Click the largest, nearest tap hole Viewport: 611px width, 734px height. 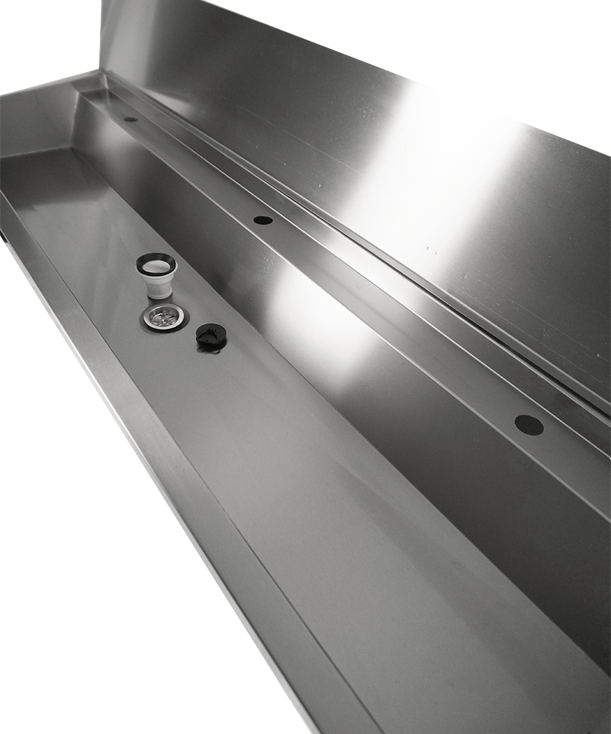[x=529, y=425]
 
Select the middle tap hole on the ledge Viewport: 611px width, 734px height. [x=263, y=220]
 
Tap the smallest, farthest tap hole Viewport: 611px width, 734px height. [x=130, y=119]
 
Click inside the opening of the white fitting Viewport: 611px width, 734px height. [x=156, y=266]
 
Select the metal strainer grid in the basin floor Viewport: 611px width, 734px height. [x=162, y=316]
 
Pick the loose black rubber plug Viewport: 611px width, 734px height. [x=211, y=335]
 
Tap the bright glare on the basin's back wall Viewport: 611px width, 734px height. [x=314, y=307]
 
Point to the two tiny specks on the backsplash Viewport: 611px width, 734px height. [x=432, y=249]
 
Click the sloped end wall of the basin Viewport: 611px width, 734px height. [x=39, y=124]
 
